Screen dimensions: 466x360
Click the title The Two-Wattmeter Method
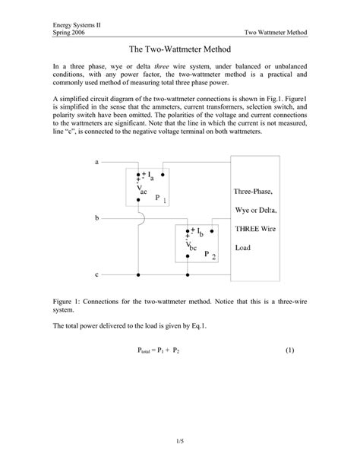pos(180,49)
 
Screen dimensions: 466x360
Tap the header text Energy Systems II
pos(77,24)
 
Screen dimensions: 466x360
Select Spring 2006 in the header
pos(70,33)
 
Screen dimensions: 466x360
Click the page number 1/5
pos(180,439)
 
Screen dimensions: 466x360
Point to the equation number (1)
pos(289,350)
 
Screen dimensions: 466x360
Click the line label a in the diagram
pos(97,162)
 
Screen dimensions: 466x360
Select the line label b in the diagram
pos(97,218)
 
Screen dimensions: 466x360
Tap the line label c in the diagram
pos(97,273)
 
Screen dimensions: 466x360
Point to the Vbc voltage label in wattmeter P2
pos(191,246)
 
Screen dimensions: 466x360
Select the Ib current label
pos(198,232)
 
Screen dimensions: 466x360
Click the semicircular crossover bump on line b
pos(137,218)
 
